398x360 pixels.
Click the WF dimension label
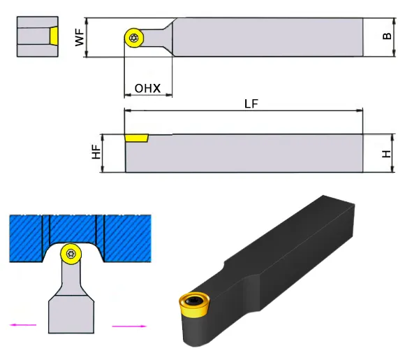[x=80, y=38]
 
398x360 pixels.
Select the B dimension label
[x=387, y=36]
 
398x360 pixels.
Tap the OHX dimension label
[x=148, y=88]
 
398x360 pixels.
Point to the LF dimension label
[x=251, y=103]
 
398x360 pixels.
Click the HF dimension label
[x=96, y=152]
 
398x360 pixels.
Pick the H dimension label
[x=386, y=154]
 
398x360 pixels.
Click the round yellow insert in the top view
[x=134, y=38]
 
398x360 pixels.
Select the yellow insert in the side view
[x=137, y=138]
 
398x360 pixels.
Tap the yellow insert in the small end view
[x=54, y=36]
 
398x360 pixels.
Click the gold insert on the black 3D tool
[x=194, y=304]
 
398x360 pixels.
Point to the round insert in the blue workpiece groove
[x=71, y=254]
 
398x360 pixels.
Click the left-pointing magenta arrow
[x=23, y=324]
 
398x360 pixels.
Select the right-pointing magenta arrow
[x=129, y=326]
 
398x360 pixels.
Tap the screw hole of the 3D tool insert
[x=194, y=301]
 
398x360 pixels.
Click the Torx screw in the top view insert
[x=133, y=38]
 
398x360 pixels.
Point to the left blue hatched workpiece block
[x=26, y=238]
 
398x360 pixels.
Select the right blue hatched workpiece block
[x=127, y=238]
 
